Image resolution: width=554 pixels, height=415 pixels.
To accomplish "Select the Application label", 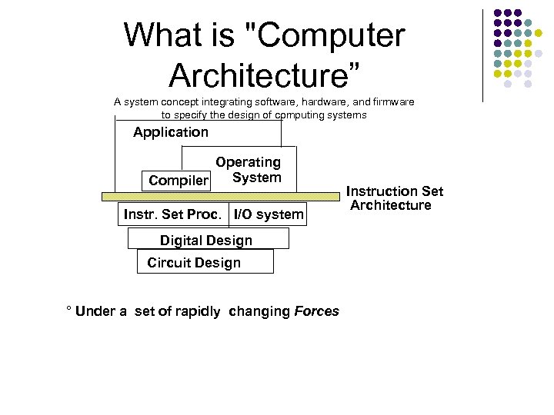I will tap(170, 132).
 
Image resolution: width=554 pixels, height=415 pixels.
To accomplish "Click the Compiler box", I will tap(178, 181).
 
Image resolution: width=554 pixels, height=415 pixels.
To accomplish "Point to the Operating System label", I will tap(248, 170).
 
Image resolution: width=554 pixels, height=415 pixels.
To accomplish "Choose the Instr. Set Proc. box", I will tap(175, 214).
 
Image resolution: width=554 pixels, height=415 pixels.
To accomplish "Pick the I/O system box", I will tap(269, 214).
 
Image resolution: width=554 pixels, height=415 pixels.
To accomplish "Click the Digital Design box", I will tap(206, 240).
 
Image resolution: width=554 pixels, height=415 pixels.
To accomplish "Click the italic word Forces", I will tap(316, 311).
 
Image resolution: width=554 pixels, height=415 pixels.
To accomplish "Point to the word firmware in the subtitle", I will tap(393, 101).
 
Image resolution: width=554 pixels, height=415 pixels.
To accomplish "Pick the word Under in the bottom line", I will tap(96, 311).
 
